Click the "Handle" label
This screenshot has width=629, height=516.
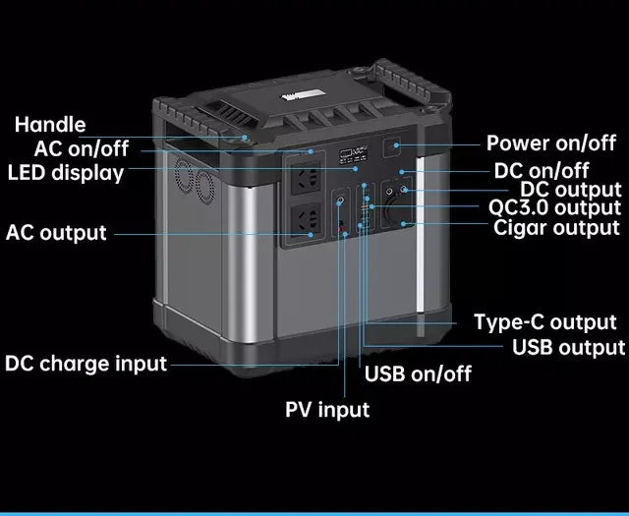point(50,125)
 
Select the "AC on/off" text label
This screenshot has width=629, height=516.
point(81,149)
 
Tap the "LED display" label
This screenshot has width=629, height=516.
point(66,173)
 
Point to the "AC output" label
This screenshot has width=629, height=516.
point(56,233)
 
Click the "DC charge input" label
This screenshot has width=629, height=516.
point(86,363)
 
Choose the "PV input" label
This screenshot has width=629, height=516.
point(327,409)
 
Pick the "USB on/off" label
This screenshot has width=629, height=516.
point(418,373)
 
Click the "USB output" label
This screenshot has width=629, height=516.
point(568,347)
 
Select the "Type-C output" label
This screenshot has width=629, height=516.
point(544,322)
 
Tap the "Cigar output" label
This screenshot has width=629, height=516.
point(556,228)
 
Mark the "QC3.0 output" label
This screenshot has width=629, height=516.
point(554,207)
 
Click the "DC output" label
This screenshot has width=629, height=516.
point(570,189)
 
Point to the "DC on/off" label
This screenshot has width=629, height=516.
point(543,170)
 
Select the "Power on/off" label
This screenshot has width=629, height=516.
point(551,143)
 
